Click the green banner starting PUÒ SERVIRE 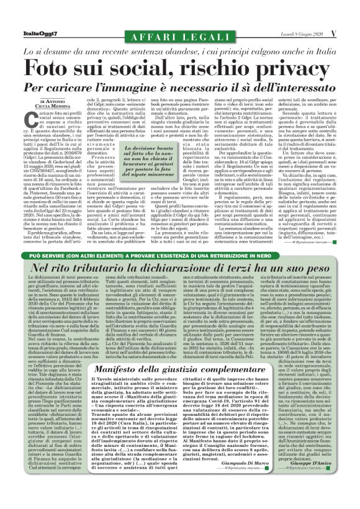coord(180,256)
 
